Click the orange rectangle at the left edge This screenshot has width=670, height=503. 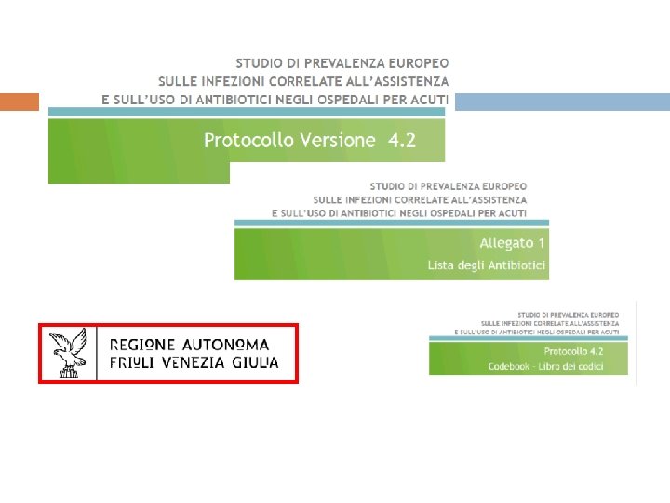click(x=19, y=101)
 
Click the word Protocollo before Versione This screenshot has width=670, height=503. click(x=249, y=141)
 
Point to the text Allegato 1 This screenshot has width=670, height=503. click(x=513, y=243)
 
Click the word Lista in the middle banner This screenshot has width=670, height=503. click(x=439, y=265)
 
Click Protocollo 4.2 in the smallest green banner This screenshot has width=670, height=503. click(x=573, y=351)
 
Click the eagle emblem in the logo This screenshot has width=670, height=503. click(x=68, y=353)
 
